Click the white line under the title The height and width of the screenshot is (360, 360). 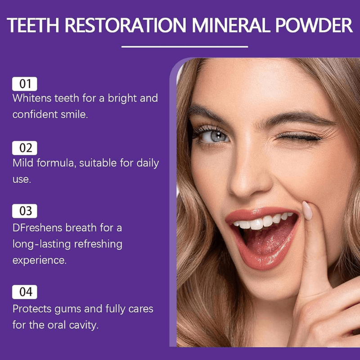coord(184,46)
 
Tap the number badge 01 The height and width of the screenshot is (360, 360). coord(25,84)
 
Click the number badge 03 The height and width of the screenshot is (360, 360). coord(25,211)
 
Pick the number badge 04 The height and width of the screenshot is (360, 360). coord(25,292)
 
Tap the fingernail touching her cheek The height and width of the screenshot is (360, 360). coord(307,210)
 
